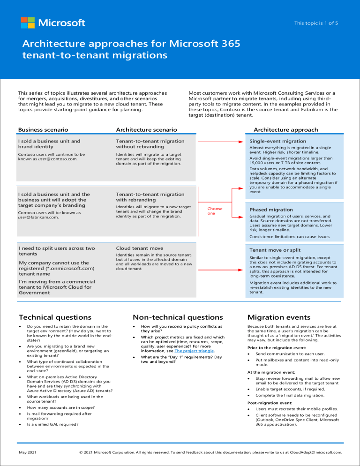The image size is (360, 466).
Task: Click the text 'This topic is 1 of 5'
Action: coord(315,23)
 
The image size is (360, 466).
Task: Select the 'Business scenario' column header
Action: coord(43,129)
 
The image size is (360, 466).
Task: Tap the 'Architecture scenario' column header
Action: coord(146,129)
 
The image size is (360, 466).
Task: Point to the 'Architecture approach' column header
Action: coord(285,129)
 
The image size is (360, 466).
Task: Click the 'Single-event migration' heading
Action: coord(277,141)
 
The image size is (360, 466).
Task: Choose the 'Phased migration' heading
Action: coord(271,210)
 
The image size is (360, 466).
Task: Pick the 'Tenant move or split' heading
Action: coord(275,250)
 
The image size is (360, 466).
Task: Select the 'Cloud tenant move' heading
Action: coord(140,248)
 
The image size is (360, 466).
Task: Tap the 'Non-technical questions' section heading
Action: coord(178,317)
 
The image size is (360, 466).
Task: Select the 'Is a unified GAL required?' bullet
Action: coord(52,424)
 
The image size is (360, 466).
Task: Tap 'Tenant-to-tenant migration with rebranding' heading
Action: coord(150,197)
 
